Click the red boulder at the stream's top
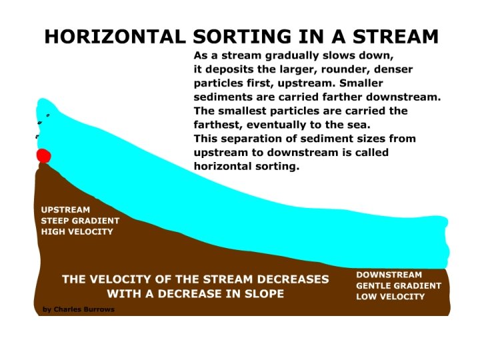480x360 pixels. click(x=43, y=156)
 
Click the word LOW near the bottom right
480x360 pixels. click(x=367, y=297)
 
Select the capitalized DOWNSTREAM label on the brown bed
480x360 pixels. click(x=389, y=275)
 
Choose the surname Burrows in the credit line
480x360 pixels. click(x=101, y=309)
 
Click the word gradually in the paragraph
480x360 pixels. click(x=296, y=55)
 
